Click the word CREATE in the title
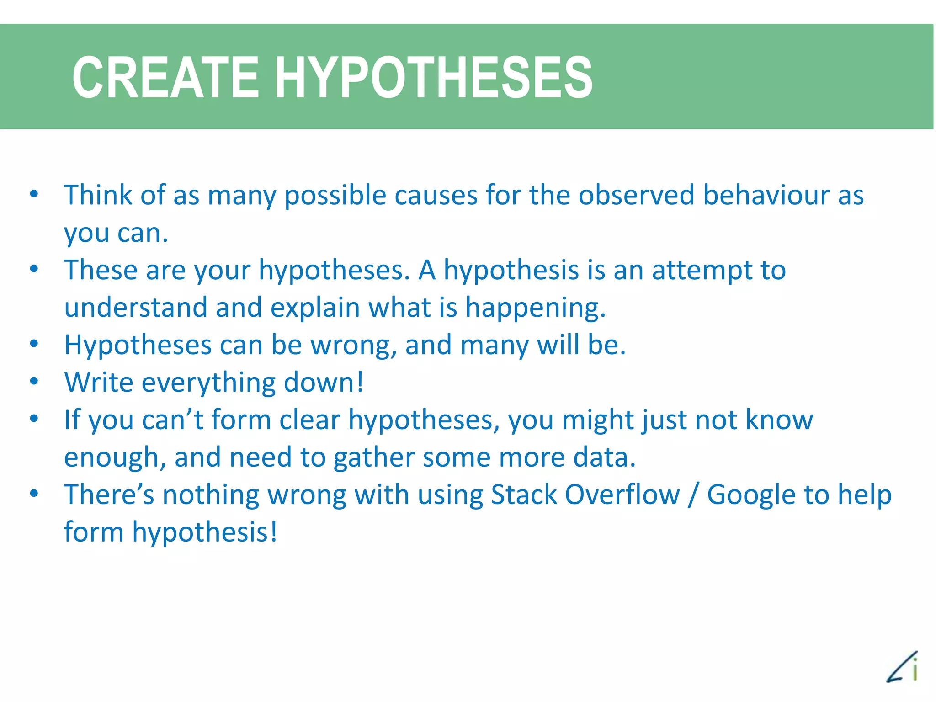(x=165, y=77)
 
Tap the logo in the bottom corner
(x=903, y=667)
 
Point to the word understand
(x=136, y=307)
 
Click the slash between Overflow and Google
(x=693, y=495)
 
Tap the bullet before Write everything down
(x=34, y=381)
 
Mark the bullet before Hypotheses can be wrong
(x=34, y=344)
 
